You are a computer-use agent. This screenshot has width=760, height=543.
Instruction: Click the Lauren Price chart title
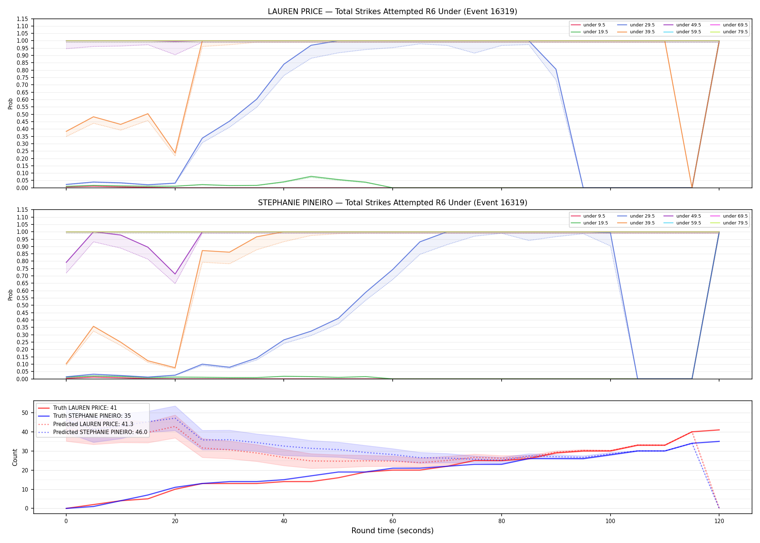[x=392, y=12]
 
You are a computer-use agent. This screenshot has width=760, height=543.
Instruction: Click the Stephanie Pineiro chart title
[x=392, y=203]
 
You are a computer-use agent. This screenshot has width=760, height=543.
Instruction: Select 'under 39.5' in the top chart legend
[x=642, y=32]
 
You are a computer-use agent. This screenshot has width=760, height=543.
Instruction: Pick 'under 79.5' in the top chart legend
[x=735, y=32]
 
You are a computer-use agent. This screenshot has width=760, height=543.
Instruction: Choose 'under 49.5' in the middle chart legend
[x=688, y=216]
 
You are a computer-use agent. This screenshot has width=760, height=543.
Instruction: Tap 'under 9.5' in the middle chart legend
[x=594, y=216]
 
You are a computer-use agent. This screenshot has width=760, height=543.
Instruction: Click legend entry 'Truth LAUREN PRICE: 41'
[x=85, y=408]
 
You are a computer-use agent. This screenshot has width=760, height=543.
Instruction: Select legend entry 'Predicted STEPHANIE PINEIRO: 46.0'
[x=100, y=432]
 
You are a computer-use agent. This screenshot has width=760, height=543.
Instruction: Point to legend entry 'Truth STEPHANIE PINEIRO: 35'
[x=92, y=416]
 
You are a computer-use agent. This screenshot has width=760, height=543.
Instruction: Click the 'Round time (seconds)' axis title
[x=392, y=531]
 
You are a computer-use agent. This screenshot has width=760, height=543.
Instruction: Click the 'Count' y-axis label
[x=15, y=457]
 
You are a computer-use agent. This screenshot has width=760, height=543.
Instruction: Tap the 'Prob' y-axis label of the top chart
[x=10, y=104]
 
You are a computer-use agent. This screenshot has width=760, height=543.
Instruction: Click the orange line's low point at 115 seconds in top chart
[x=692, y=188]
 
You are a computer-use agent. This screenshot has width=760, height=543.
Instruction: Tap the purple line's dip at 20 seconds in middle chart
[x=175, y=274]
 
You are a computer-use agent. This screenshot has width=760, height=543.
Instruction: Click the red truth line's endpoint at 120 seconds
[x=719, y=430]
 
